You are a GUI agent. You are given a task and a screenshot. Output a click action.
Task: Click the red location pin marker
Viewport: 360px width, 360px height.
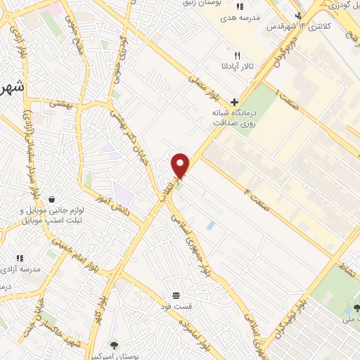click(181, 165)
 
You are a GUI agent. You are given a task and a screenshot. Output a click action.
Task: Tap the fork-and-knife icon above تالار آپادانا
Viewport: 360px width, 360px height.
click(237, 56)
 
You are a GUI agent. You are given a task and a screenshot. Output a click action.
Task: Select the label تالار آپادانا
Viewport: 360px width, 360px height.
click(237, 68)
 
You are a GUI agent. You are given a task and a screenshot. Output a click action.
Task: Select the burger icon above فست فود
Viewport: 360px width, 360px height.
click(175, 295)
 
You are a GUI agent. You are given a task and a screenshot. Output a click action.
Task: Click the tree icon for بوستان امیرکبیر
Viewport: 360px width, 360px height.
click(115, 345)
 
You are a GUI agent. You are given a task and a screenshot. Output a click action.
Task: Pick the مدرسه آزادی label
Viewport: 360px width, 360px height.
click(21, 269)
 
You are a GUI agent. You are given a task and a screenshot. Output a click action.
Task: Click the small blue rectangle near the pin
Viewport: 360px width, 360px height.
click(211, 225)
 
